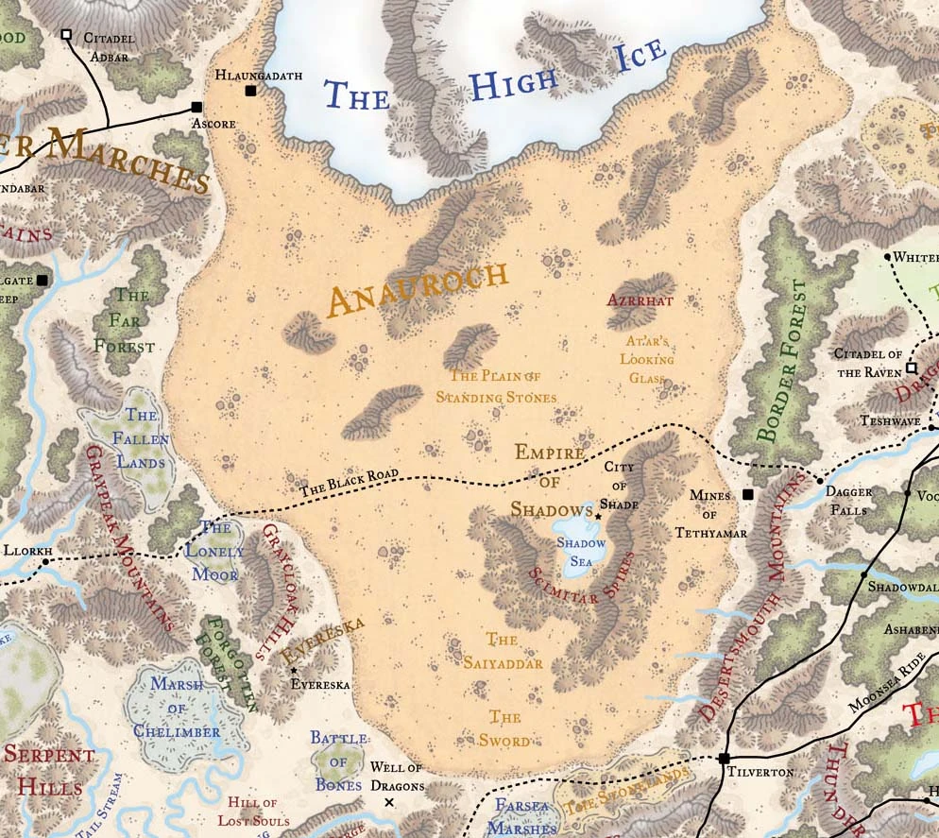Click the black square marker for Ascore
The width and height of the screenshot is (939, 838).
coord(196,108)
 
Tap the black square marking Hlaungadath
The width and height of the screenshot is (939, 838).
coord(250,91)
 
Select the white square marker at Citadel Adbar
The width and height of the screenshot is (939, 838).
coord(65,35)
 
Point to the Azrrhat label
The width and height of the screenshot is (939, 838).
coord(640,300)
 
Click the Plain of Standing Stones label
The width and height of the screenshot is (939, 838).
coord(496,385)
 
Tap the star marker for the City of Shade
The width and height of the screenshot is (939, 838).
coord(598,516)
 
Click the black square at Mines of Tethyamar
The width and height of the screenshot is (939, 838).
coord(748,494)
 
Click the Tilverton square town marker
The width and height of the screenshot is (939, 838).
coord(725,758)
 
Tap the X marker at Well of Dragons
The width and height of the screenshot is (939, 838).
coord(389,802)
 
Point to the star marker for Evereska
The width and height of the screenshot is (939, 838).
coord(294,670)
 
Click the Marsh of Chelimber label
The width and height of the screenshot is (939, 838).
coord(177,711)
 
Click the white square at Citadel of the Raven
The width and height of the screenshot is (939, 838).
coord(912,368)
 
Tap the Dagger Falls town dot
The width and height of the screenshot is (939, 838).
coord(819,481)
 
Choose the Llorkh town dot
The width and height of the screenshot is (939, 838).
coord(45,562)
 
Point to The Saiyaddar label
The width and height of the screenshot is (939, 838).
coord(503,652)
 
